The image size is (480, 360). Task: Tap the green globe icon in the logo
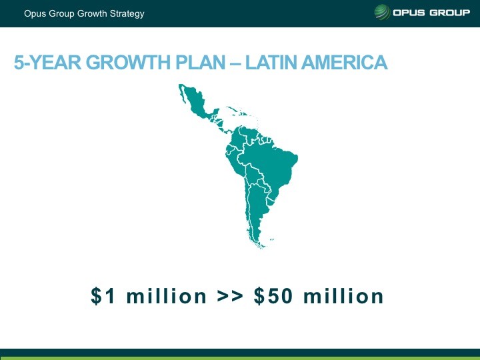point(382,12)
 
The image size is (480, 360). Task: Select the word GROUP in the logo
point(450,13)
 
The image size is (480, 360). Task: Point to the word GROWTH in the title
point(128,62)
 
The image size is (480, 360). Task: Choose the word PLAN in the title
point(201,62)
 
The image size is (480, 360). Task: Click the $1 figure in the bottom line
point(103,296)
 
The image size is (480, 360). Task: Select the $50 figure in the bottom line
point(273,296)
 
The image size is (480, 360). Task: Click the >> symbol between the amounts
point(230,296)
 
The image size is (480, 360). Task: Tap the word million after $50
point(343,296)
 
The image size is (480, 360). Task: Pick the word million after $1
point(167,296)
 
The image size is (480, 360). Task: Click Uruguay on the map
point(270,201)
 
